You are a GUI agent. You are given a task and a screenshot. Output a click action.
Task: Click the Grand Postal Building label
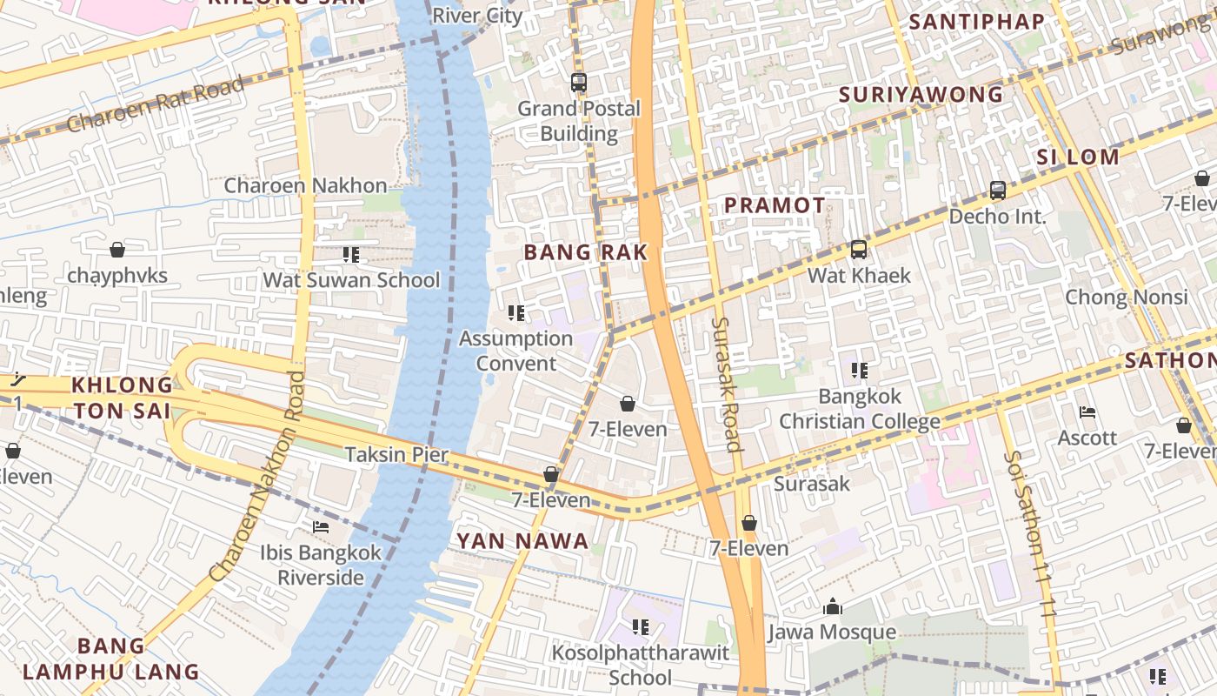(x=579, y=121)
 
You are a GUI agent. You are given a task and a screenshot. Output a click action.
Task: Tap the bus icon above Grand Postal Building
(x=579, y=83)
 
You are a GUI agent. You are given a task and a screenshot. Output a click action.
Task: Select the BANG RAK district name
(x=586, y=252)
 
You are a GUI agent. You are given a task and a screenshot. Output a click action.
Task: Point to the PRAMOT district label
(x=775, y=205)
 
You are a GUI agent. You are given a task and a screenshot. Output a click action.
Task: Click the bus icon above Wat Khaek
(x=859, y=250)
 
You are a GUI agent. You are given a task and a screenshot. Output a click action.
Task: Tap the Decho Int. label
(x=997, y=216)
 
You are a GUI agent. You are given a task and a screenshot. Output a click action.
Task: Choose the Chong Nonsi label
(x=1127, y=297)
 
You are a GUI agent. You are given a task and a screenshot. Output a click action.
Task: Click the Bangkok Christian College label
(x=859, y=409)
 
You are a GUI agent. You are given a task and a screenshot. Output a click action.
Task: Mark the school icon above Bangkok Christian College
(x=860, y=371)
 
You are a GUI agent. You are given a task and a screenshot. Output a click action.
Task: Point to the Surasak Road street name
(x=727, y=384)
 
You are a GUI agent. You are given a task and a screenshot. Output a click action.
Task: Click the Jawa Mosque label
(x=832, y=632)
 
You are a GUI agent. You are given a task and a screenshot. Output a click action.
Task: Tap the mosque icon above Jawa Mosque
(x=833, y=606)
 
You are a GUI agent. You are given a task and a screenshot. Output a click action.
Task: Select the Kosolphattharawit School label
(x=641, y=665)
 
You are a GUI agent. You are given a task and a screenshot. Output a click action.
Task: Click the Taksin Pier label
(x=396, y=454)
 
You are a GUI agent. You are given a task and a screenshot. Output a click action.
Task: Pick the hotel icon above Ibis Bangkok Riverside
(x=321, y=527)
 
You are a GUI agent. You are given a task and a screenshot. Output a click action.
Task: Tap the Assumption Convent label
(x=515, y=351)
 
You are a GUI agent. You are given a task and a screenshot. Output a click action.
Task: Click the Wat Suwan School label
(x=352, y=280)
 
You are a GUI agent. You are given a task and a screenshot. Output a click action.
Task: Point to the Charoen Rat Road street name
(x=156, y=104)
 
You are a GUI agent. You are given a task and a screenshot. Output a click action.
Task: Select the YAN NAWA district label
(x=523, y=541)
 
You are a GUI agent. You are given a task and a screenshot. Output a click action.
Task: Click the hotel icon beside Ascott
(x=1087, y=412)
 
